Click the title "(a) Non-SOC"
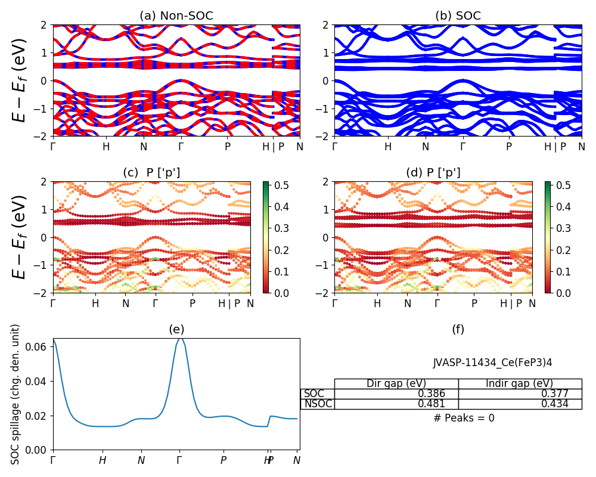pyautogui.click(x=176, y=16)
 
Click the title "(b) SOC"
pyautogui.click(x=458, y=16)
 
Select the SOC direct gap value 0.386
pyautogui.click(x=431, y=394)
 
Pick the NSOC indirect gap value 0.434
pyautogui.click(x=554, y=404)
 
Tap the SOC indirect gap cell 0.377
pyautogui.click(x=554, y=394)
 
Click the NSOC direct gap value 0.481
pyautogui.click(x=431, y=404)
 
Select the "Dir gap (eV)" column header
pyautogui.click(x=396, y=383)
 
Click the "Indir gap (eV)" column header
pyautogui.click(x=519, y=383)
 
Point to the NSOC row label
pyautogui.click(x=318, y=404)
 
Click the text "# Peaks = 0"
pyautogui.click(x=464, y=418)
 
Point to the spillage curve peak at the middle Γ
pyautogui.click(x=179, y=338)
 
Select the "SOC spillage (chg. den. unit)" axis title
pyautogui.click(x=16, y=394)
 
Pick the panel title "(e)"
pyautogui.click(x=176, y=329)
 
